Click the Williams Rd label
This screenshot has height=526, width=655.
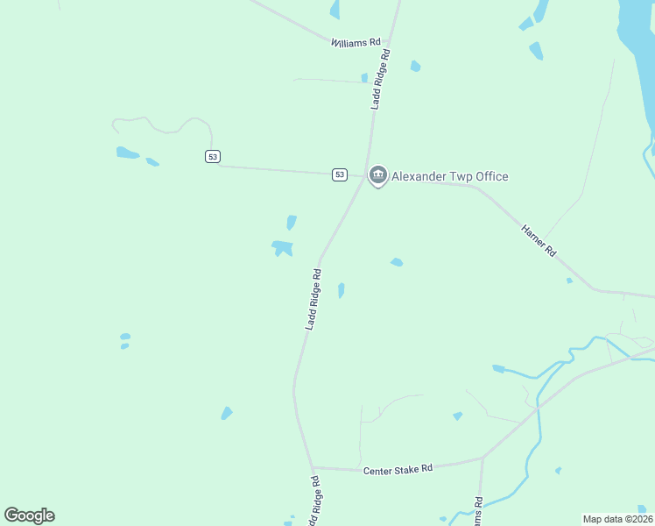(x=356, y=41)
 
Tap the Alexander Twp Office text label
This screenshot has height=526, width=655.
(x=449, y=176)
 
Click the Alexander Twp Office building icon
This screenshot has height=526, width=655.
(x=377, y=176)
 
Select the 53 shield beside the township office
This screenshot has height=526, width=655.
(x=340, y=174)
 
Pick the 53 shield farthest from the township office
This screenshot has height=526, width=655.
(x=213, y=156)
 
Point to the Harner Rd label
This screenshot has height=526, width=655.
(x=539, y=239)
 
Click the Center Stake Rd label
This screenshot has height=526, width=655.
(x=398, y=469)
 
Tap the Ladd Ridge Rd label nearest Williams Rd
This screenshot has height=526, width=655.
(x=380, y=79)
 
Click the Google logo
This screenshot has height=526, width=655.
(x=29, y=515)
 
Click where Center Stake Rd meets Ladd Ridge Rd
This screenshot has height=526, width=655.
(x=312, y=467)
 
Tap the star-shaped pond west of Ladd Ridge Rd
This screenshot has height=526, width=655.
(x=282, y=248)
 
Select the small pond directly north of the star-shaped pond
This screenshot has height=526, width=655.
(x=291, y=223)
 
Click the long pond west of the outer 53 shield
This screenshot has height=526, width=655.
(x=127, y=153)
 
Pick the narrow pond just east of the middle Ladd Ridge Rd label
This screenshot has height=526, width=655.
(x=341, y=290)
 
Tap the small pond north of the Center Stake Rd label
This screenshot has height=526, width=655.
(x=457, y=416)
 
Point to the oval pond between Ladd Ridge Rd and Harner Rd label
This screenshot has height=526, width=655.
(x=397, y=261)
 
